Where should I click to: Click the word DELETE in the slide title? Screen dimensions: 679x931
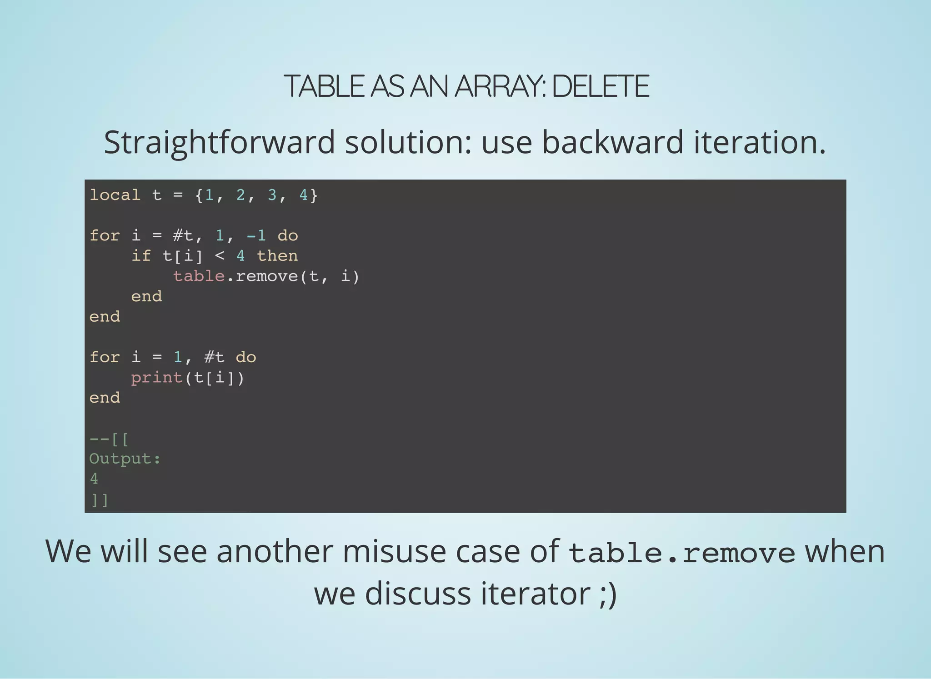[600, 86]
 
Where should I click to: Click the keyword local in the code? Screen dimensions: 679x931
[115, 195]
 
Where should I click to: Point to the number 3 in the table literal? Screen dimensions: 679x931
[272, 195]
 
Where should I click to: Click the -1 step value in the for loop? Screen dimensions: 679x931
[256, 235]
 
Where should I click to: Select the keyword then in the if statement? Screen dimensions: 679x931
[277, 256]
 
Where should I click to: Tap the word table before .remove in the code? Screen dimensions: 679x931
[199, 276]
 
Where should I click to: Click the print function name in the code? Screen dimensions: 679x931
[157, 377]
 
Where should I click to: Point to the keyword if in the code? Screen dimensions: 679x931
[141, 256]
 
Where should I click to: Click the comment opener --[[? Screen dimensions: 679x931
[109, 439]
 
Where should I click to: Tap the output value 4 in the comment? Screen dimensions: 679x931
[94, 479]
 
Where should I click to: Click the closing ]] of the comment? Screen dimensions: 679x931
[99, 500]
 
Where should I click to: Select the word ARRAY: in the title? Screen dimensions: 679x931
[501, 86]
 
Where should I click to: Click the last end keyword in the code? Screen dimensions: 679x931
[105, 398]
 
